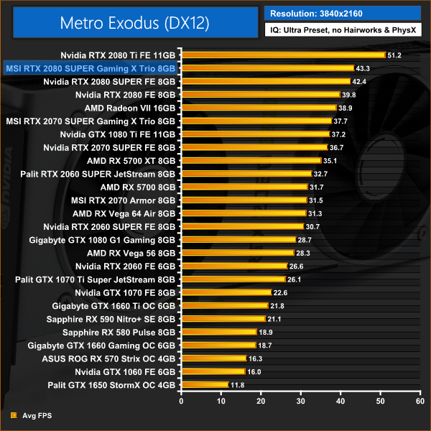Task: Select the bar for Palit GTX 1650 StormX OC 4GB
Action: click(205, 385)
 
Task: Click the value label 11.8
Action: click(238, 385)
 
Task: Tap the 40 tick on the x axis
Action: click(341, 400)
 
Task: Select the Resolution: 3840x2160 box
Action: click(341, 14)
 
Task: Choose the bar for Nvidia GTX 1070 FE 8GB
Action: click(226, 292)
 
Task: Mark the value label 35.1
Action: click(330, 160)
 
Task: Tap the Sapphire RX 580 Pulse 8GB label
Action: click(119, 332)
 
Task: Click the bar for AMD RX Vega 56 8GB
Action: click(238, 253)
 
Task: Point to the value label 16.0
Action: click(254, 372)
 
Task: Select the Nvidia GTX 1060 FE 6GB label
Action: click(125, 372)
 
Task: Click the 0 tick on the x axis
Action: click(182, 400)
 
